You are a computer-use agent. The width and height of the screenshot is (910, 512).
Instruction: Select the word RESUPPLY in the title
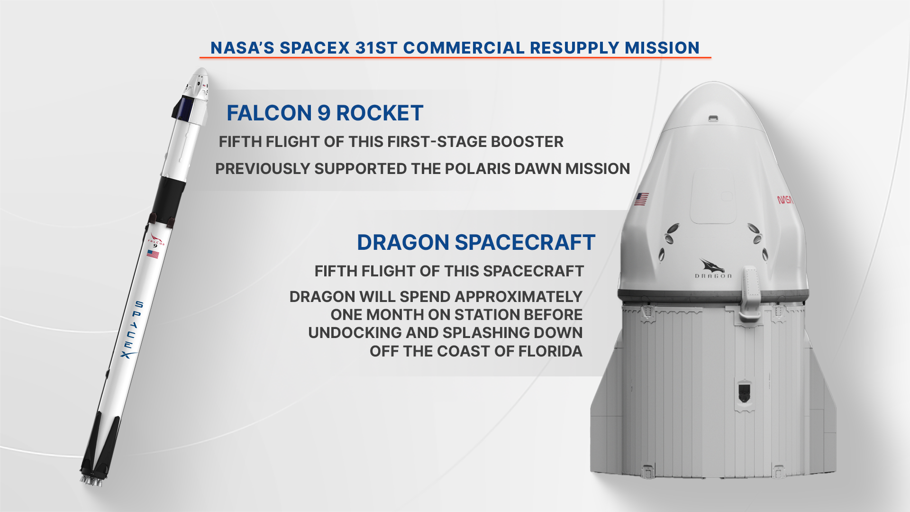coord(574,48)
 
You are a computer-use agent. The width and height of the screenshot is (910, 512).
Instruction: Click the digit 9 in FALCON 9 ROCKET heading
coord(324,113)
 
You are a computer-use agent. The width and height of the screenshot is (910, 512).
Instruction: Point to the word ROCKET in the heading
coord(380,113)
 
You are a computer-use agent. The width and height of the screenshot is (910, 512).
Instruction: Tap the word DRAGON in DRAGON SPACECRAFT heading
coord(403,243)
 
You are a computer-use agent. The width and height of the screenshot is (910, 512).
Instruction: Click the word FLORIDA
coord(550,351)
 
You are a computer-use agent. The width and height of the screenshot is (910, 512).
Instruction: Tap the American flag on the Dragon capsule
coord(642,199)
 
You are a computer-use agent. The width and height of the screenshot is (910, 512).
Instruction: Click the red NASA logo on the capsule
coord(785,200)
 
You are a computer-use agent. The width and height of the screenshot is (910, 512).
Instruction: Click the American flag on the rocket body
coord(153,255)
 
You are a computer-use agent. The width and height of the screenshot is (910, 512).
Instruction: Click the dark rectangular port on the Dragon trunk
coord(744,392)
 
